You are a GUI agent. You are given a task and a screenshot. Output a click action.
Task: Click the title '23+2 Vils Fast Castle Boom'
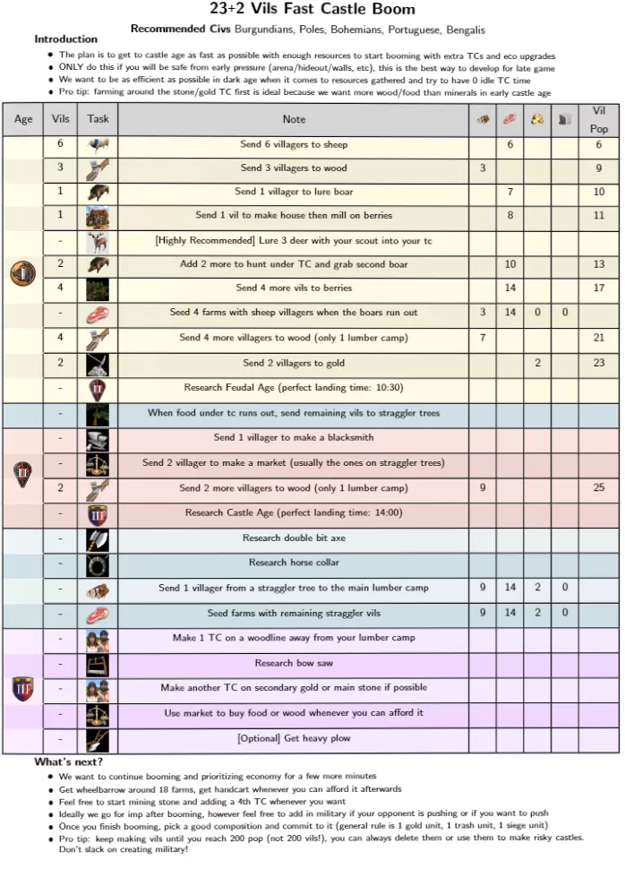[x=312, y=10]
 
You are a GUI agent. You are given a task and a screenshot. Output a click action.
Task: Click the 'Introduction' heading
[x=66, y=39]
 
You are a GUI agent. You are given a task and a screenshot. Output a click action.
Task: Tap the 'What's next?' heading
[x=69, y=761]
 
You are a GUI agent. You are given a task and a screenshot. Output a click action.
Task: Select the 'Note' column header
[x=294, y=119]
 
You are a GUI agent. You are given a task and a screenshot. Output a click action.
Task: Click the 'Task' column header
[x=98, y=119]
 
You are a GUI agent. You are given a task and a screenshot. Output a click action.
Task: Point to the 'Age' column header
[x=23, y=119]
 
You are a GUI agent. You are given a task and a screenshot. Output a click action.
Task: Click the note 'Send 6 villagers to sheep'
[x=294, y=144]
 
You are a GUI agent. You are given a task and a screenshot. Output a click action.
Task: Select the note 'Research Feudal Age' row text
[x=294, y=388]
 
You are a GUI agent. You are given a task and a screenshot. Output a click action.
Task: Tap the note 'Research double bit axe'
[x=294, y=538]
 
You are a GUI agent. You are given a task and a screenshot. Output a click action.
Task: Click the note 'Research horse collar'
[x=294, y=563]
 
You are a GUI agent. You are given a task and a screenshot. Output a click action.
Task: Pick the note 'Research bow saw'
[x=294, y=663]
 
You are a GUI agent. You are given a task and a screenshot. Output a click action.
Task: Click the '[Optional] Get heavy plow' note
[x=294, y=738]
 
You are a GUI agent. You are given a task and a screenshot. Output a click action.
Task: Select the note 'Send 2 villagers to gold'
[x=294, y=363]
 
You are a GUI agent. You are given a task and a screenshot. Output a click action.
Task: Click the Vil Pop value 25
[x=598, y=488]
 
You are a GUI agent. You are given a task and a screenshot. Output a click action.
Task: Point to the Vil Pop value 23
[x=598, y=363]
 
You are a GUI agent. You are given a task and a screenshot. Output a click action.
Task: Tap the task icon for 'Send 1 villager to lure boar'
[x=98, y=192]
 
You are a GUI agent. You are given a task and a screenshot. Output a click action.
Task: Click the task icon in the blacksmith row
[x=98, y=438]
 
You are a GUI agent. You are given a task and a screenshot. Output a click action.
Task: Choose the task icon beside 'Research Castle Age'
[x=98, y=513]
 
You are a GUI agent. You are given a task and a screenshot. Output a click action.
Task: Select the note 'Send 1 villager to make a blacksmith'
[x=294, y=438]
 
